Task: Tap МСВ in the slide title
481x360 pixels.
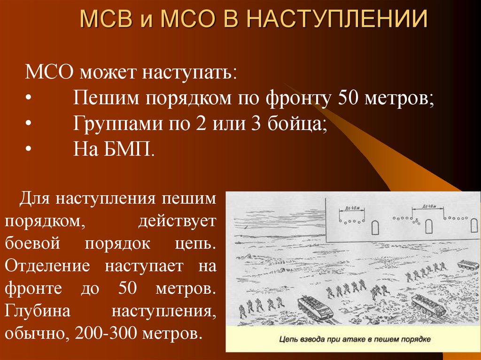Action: pos(104,20)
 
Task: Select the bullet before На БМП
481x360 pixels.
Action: pos(29,150)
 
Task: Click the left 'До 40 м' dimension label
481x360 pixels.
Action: pos(349,207)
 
